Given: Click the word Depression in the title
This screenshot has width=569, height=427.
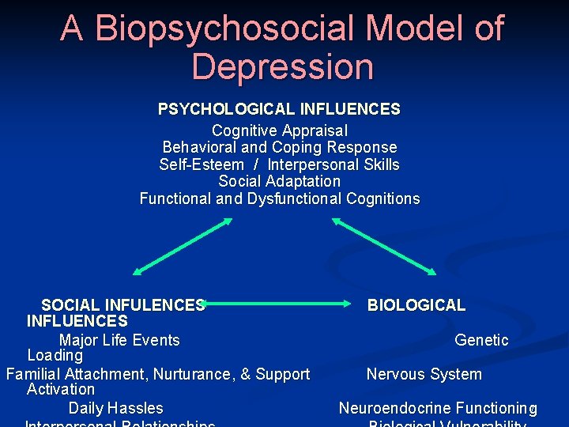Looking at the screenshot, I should pos(282,67).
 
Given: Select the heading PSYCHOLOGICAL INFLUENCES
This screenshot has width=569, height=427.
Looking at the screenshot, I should pos(279,109).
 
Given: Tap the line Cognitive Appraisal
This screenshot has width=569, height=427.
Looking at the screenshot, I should pos(279,130).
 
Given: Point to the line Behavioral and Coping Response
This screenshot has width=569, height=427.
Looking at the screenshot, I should pos(279,147).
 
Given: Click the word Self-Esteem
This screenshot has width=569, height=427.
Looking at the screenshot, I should pos(202,164).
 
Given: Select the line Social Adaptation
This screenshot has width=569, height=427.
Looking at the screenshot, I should pos(279,181).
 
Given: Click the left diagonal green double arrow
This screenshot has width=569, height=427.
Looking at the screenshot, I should pos(183,246).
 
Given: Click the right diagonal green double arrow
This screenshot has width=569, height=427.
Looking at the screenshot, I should pos(383,246).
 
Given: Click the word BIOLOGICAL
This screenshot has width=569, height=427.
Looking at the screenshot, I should pos(416,305).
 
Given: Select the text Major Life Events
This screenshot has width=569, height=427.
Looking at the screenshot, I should pos(119,340).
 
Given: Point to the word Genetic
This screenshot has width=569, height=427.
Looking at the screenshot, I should pos(481,340).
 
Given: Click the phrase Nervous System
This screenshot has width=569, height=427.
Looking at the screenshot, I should pos(424,374).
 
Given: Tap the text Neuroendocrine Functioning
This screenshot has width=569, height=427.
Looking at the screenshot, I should pos(438,408).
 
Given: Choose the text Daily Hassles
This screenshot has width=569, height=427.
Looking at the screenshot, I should pos(115,408).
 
